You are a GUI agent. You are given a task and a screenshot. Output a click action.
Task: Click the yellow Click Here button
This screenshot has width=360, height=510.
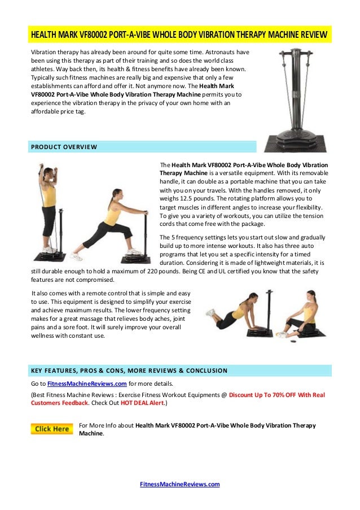[x=52, y=429]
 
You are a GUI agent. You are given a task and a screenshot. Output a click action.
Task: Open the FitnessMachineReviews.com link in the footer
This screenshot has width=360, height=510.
[x=179, y=484]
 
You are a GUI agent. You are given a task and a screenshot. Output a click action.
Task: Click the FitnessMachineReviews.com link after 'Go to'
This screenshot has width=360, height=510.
[x=86, y=383]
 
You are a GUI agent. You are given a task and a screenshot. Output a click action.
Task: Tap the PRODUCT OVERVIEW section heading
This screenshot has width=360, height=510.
[x=64, y=147]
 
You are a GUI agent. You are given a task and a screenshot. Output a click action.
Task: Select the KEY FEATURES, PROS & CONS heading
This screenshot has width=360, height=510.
[x=128, y=371]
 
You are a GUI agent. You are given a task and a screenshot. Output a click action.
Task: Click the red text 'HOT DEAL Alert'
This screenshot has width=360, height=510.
[x=141, y=404]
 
